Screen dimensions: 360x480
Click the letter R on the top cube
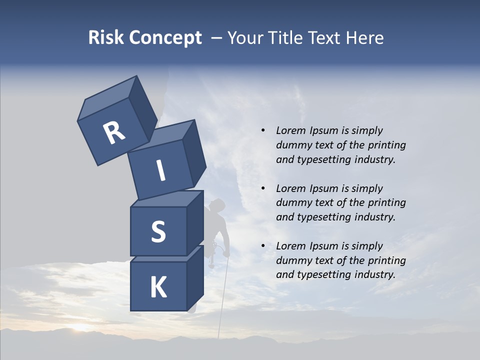tap(114, 133)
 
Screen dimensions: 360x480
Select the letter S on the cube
tap(158, 231)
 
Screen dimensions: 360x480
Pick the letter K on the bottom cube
tap(158, 287)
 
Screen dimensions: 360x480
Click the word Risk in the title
tap(106, 37)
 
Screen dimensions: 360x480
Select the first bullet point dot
tap(263, 130)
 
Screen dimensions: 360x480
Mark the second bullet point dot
tap(263, 188)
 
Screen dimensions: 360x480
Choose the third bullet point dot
tap(263, 246)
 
